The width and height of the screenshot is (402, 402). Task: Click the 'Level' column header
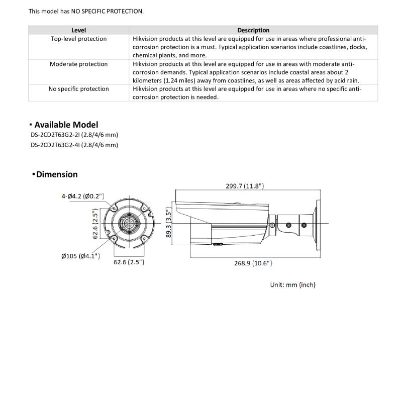coord(78,30)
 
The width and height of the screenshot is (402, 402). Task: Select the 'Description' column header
coord(253,30)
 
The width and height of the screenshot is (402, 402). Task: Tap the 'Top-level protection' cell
coord(78,39)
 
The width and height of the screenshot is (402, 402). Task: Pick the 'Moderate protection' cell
coord(78,64)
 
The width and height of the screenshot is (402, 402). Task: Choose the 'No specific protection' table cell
coord(78,89)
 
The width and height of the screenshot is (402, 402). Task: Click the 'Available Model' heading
coord(66,125)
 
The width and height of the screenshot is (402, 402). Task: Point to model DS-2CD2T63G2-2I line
coord(74,135)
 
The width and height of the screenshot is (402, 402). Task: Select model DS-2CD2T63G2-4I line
coord(74,145)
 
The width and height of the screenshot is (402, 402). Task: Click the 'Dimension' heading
coord(57,174)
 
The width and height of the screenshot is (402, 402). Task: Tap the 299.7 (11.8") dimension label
coord(245,186)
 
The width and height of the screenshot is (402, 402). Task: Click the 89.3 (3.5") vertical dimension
coord(169,223)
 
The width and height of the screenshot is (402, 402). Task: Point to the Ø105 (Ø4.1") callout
coord(80,256)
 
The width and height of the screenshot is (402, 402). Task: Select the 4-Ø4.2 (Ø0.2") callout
coord(83,196)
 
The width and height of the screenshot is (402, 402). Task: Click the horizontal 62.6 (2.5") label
coord(129,262)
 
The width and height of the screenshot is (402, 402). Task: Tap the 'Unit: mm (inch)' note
coord(293,285)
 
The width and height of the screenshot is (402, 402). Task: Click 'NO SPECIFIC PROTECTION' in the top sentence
coord(107,11)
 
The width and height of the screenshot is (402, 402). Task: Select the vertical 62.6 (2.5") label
coord(95,224)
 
